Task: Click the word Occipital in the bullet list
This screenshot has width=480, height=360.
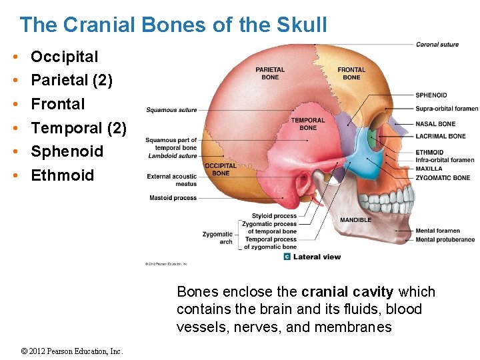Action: click(x=64, y=57)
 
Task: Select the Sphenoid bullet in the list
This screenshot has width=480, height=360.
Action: click(x=67, y=151)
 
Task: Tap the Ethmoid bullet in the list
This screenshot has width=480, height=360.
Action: click(x=63, y=175)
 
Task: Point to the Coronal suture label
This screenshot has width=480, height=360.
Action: click(x=437, y=45)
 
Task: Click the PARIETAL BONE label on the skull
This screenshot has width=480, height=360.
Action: click(x=270, y=73)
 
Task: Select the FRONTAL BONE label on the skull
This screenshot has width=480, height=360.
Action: click(x=351, y=73)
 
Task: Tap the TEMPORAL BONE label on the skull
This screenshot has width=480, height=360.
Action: click(x=308, y=124)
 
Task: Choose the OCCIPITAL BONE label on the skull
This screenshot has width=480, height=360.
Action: click(x=220, y=169)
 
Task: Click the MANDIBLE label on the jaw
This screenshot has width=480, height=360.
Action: click(x=355, y=220)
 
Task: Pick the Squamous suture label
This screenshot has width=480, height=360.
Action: click(x=171, y=110)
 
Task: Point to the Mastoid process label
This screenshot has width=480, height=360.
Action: click(x=173, y=198)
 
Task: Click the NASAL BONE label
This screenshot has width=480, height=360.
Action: click(x=435, y=124)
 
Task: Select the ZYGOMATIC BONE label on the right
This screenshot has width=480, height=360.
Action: click(x=443, y=178)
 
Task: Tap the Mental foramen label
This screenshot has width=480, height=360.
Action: click(x=438, y=231)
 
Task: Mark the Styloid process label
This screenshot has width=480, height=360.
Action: click(x=274, y=216)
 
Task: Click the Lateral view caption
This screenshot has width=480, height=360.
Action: click(x=317, y=257)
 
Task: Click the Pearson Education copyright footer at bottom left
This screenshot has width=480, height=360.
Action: click(x=71, y=351)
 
